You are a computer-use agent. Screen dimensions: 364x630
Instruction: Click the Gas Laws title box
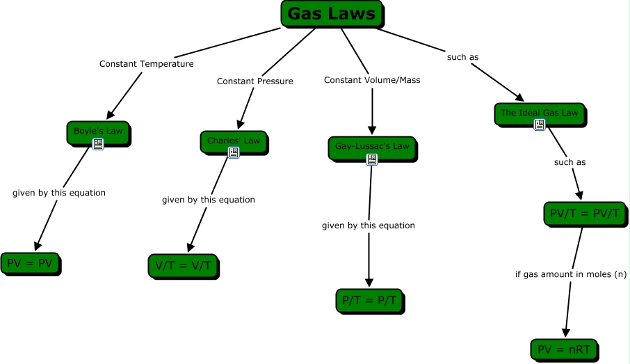[x=331, y=14]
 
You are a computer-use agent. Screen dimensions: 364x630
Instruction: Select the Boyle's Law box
[x=98, y=132]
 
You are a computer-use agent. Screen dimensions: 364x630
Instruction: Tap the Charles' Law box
[x=233, y=141]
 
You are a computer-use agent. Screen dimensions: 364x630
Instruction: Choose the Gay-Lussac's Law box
[x=372, y=147]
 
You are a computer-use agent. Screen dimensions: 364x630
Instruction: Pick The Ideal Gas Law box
[x=539, y=113]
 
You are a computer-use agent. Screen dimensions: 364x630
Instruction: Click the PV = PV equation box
[x=29, y=263]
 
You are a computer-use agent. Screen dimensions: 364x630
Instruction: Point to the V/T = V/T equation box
[x=183, y=265]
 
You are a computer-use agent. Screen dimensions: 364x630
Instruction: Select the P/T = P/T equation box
[x=368, y=300]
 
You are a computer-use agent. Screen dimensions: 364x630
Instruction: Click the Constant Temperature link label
[x=146, y=64]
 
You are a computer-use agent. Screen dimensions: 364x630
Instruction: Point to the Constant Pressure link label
[x=255, y=81]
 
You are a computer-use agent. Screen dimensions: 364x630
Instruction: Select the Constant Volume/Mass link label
[x=372, y=80]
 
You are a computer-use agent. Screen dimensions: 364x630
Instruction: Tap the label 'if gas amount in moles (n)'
[x=570, y=274]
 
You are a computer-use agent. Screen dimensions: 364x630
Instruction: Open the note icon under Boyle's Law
[x=98, y=144]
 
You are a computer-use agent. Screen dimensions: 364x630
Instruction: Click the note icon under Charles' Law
[x=233, y=152]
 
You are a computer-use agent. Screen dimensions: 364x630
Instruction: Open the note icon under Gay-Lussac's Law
[x=372, y=159]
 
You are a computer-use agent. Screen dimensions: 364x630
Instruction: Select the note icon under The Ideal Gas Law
[x=539, y=125]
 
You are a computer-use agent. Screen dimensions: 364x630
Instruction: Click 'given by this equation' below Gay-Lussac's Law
[x=368, y=225]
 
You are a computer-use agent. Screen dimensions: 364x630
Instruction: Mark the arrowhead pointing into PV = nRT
[x=566, y=333]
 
